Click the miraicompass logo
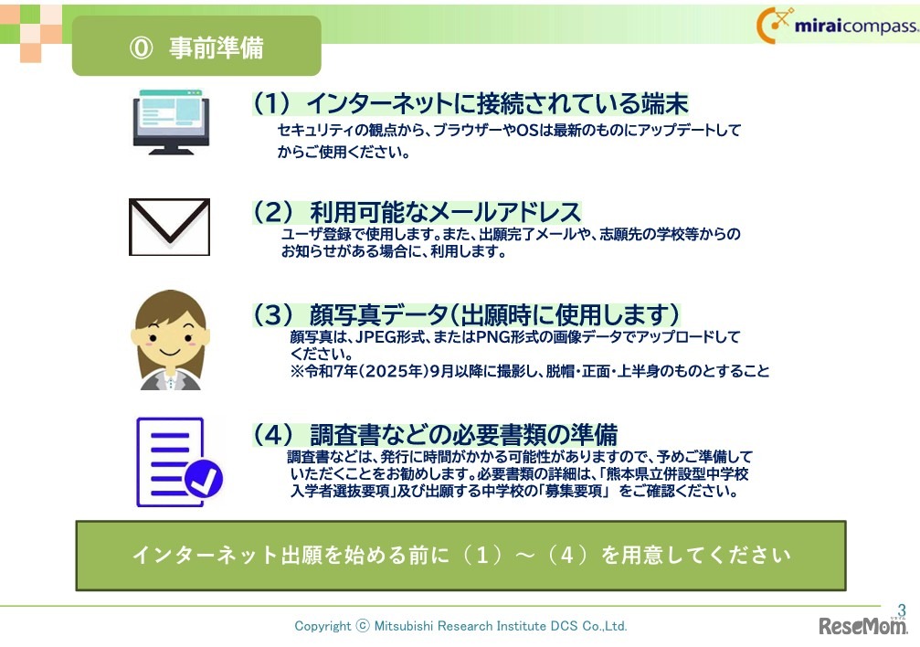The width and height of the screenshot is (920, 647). (x=837, y=26)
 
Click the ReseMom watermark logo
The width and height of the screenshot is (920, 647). (x=862, y=626)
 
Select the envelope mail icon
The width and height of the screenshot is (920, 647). (x=169, y=227)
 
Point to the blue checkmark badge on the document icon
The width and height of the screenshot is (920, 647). (x=203, y=476)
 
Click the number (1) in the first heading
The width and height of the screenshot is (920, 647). (x=271, y=103)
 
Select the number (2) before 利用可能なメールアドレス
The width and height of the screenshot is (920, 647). (x=271, y=212)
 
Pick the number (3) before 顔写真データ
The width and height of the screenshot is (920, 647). (x=271, y=315)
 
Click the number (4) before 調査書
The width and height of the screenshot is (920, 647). (x=271, y=434)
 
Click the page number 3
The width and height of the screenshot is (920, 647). (x=902, y=610)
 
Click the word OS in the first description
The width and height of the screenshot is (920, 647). (x=526, y=131)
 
